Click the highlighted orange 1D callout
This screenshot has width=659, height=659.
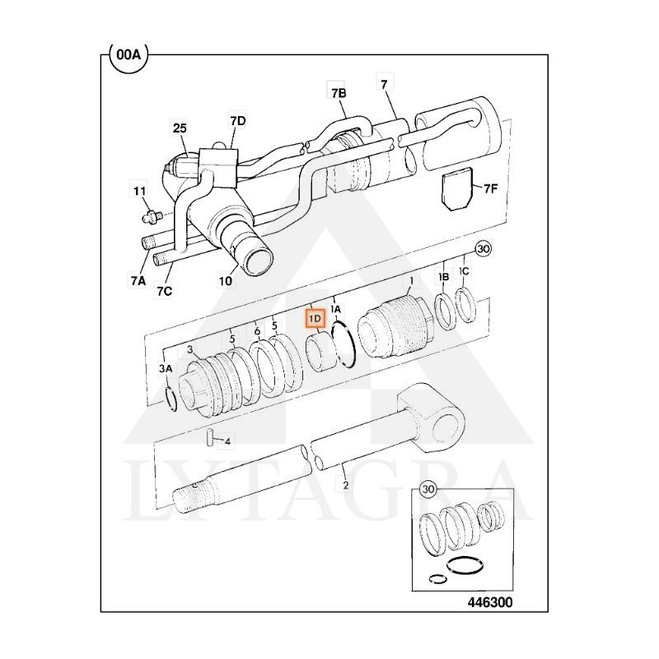coord(315,319)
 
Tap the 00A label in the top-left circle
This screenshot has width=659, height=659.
coord(129,54)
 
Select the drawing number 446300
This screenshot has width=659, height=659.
coord(490,602)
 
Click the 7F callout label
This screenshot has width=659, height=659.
coord(490,189)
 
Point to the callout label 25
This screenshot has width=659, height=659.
coord(180,128)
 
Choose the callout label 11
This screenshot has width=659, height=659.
coord(139,191)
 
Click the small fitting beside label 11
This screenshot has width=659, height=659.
coord(152,217)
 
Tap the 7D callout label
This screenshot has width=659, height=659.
coord(237,120)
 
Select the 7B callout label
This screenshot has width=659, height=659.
coord(339,93)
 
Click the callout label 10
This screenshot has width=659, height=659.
coord(226,280)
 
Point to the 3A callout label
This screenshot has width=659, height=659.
coord(166,368)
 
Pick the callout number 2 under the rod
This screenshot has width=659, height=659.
coord(345,485)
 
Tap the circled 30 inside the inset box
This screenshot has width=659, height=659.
coord(428,488)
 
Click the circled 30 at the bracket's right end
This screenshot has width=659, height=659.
coord(484,249)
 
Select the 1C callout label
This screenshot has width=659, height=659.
coord(464,272)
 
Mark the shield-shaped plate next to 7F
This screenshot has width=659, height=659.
coord(457,189)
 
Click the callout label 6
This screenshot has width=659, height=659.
coord(257,332)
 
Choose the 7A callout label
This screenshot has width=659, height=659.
coord(138,280)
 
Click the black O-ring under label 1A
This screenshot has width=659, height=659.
coord(344,344)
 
